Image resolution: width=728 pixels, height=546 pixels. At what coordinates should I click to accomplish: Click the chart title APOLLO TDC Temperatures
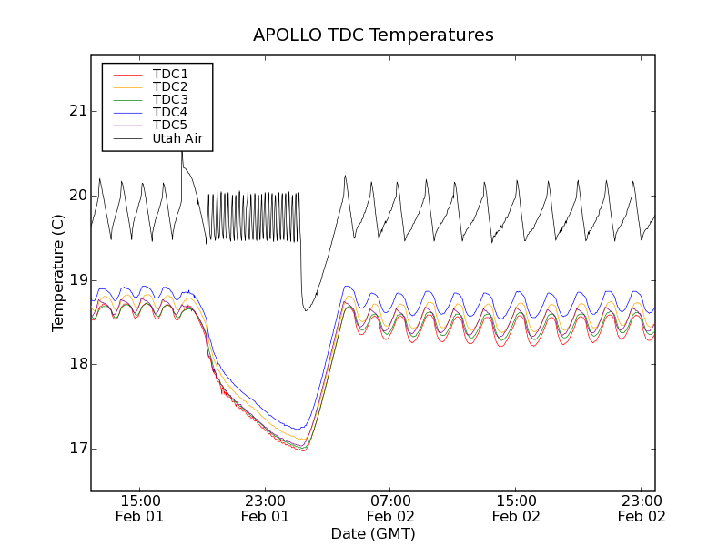[x=373, y=35]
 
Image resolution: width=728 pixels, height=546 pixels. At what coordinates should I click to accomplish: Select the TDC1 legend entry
[x=170, y=74]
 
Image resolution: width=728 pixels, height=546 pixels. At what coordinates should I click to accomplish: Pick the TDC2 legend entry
[x=170, y=86]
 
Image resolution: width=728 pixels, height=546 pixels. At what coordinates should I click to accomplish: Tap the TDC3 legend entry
[x=170, y=99]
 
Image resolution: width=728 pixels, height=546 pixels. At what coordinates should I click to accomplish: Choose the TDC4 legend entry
[x=170, y=113]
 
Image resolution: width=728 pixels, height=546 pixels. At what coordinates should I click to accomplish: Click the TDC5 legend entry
[x=170, y=126]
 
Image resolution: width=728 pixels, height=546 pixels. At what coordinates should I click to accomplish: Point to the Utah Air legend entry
[x=177, y=138]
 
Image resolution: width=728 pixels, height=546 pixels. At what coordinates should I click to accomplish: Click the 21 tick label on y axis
[x=76, y=111]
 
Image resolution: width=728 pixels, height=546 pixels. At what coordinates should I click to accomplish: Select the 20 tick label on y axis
[x=76, y=196]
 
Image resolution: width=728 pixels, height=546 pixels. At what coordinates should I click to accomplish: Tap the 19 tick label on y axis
[x=76, y=280]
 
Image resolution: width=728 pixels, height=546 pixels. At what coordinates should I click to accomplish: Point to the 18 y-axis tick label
[x=76, y=364]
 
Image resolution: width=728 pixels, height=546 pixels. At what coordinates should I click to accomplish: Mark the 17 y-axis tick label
[x=76, y=449]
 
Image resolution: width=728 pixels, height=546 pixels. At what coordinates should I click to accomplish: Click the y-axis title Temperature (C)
[x=58, y=273]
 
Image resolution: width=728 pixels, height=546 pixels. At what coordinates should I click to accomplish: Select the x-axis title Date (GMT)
[x=373, y=533]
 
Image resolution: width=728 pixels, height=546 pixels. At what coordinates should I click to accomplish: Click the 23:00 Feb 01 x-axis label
[x=266, y=508]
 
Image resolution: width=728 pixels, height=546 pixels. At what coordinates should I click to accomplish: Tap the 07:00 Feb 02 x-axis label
[x=391, y=508]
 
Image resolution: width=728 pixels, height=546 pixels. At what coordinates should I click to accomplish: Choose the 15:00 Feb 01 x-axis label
[x=140, y=508]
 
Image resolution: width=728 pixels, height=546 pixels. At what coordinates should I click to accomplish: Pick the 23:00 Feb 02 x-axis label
[x=642, y=508]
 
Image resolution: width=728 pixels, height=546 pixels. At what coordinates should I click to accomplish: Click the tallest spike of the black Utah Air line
[x=181, y=151]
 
